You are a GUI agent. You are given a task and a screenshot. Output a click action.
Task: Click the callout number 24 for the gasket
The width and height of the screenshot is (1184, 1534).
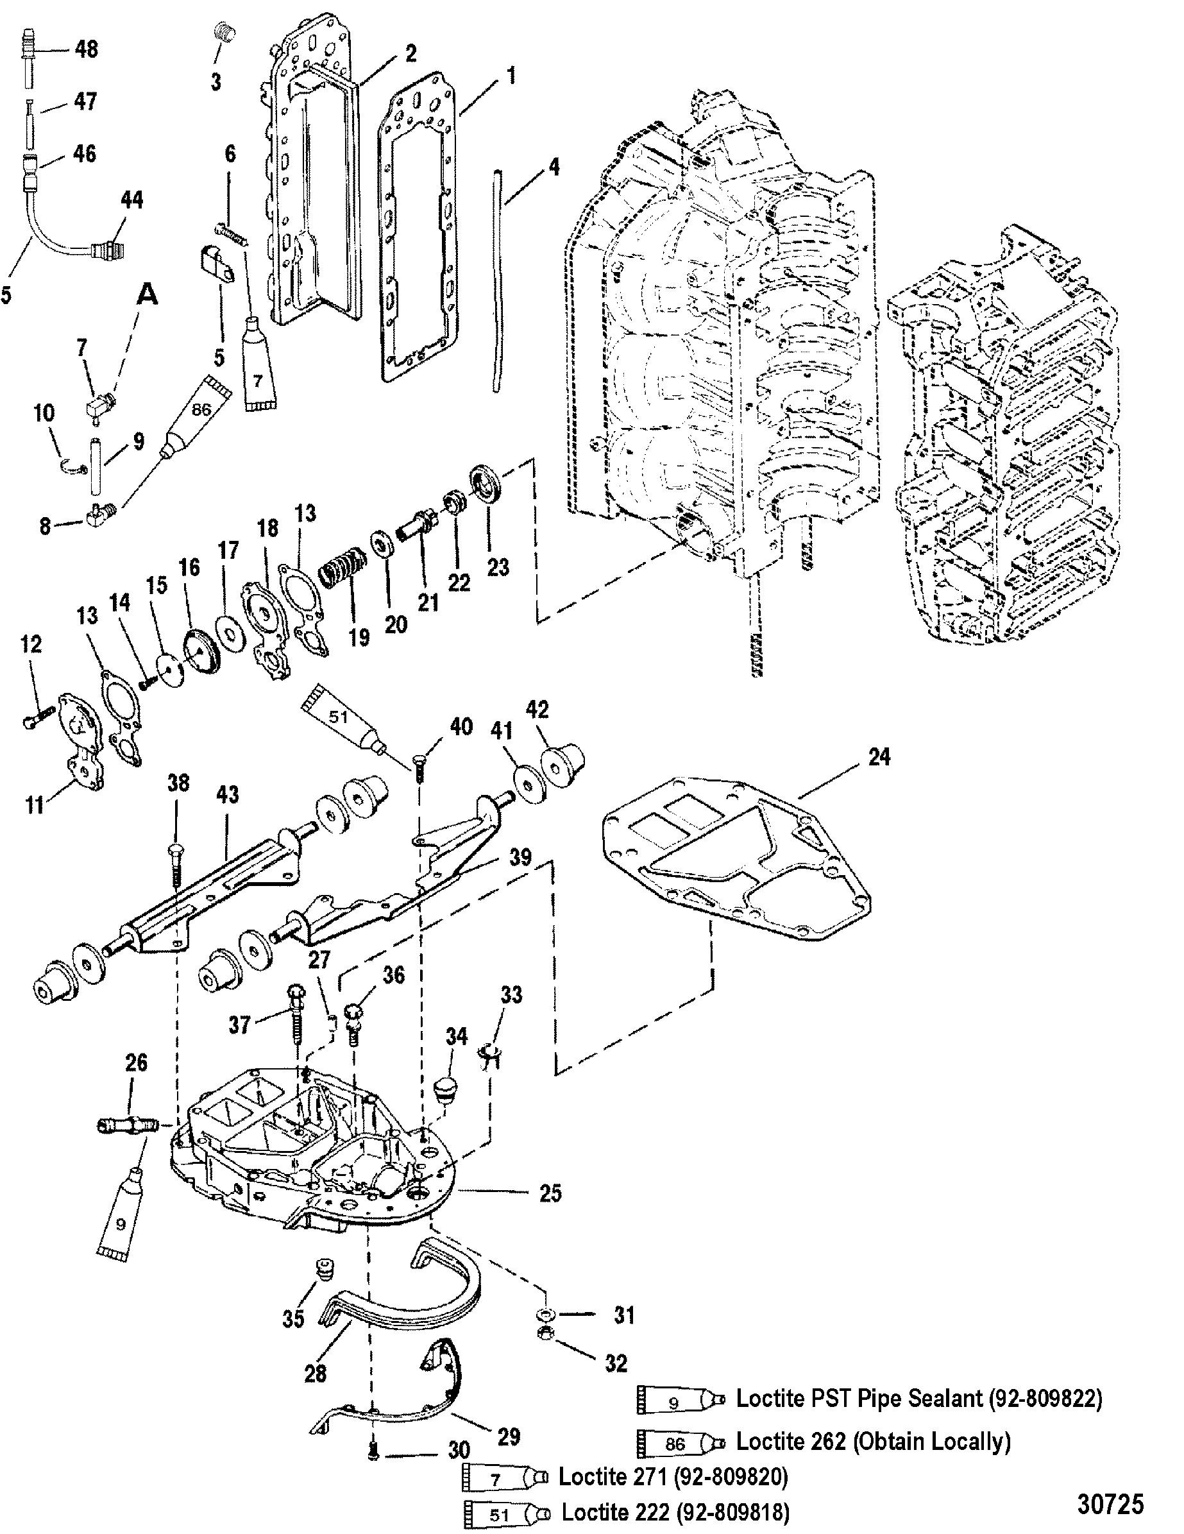click(879, 756)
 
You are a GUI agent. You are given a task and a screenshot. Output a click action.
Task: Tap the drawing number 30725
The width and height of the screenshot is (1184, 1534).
click(1110, 1503)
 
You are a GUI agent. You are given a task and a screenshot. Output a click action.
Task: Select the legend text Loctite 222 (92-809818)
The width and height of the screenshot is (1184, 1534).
click(675, 1512)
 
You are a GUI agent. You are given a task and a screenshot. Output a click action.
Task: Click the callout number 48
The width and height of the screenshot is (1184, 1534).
click(86, 49)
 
